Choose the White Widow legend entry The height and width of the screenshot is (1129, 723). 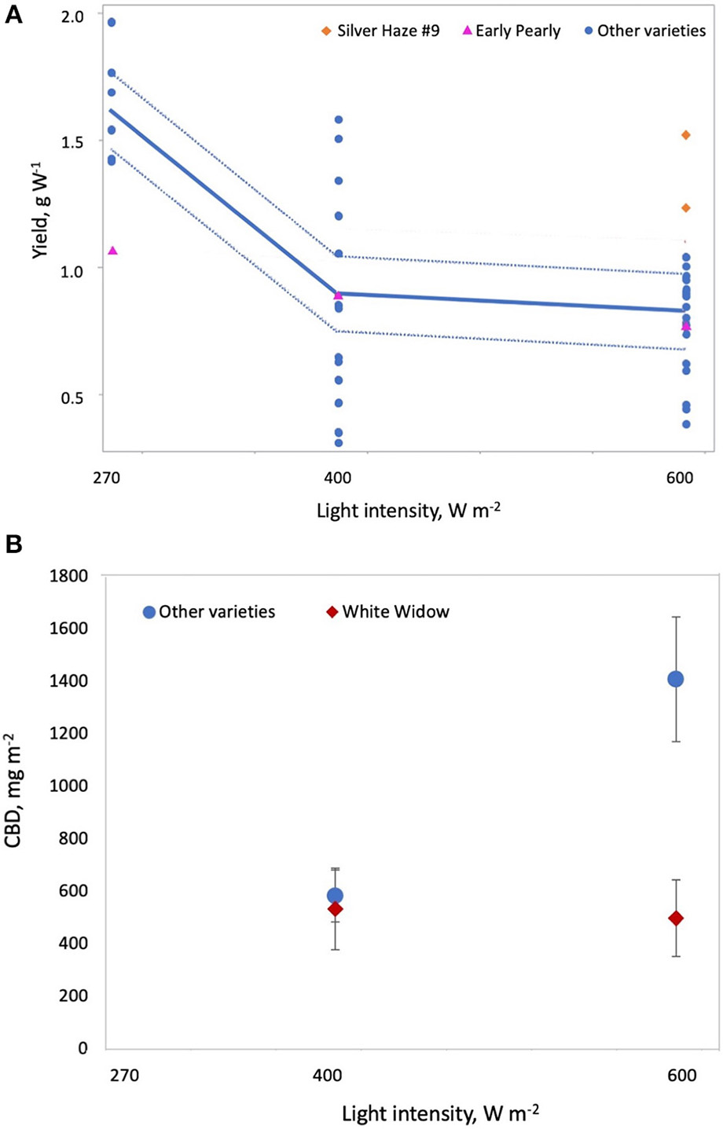click(388, 611)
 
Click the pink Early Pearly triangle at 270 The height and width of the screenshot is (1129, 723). click(112, 251)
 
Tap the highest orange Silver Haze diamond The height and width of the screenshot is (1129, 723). click(686, 135)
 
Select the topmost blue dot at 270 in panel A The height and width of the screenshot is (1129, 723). click(112, 22)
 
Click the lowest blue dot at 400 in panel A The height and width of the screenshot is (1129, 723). click(339, 443)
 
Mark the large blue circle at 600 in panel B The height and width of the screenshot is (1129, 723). click(675, 679)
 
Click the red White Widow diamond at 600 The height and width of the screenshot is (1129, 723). click(675, 918)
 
